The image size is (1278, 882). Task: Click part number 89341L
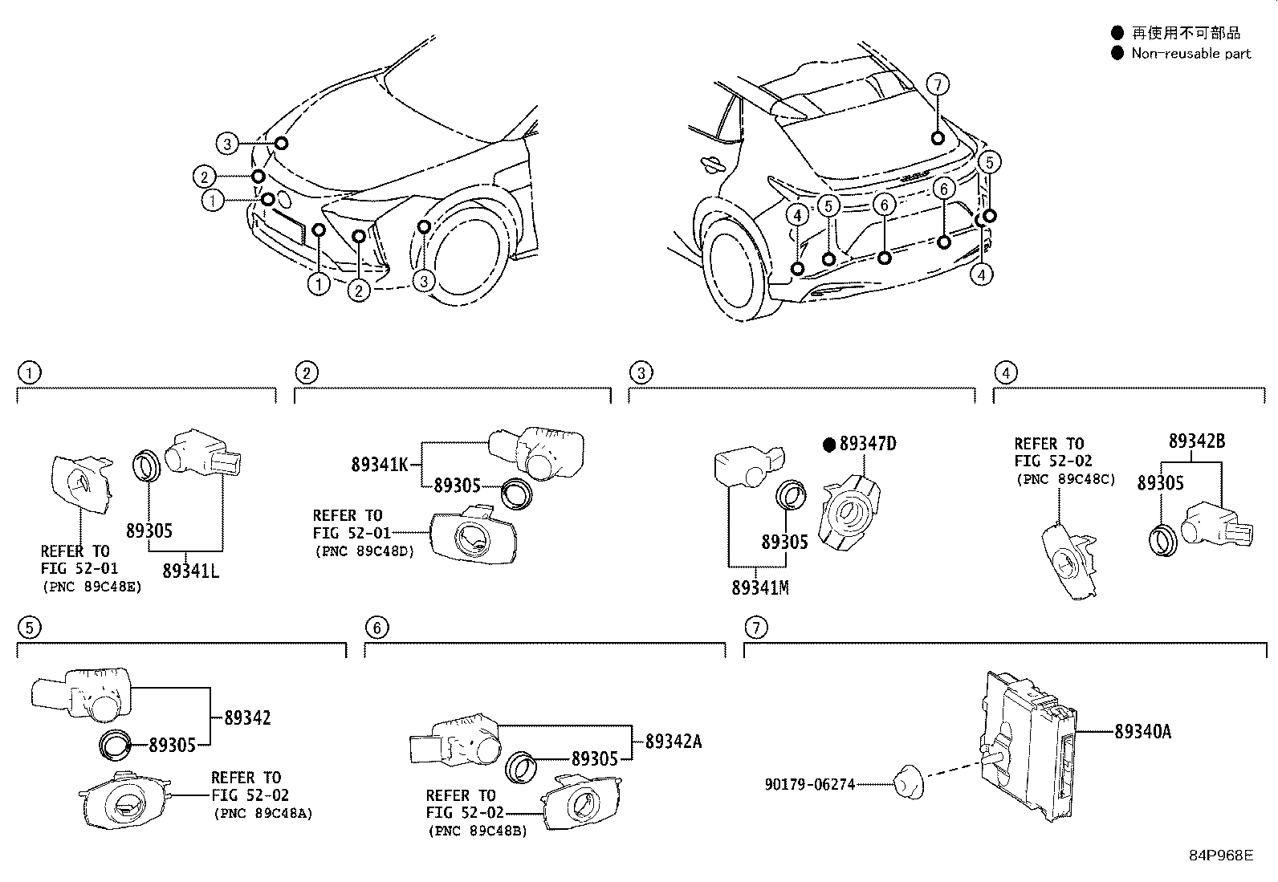point(190,571)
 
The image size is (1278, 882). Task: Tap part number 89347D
point(867,444)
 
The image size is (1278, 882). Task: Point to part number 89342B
point(1196,441)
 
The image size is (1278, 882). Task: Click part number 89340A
point(1142,731)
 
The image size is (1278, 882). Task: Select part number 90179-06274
point(809,783)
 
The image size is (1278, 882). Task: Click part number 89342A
point(674,741)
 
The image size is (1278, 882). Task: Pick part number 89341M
point(759,587)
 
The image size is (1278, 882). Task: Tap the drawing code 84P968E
point(1220,855)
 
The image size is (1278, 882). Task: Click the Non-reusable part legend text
point(1190,54)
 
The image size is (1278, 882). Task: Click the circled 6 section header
point(376,627)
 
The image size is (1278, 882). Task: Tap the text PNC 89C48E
point(91,587)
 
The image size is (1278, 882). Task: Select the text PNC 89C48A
point(263,813)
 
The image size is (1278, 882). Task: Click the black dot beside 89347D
point(829,444)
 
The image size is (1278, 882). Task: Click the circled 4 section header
point(1005,372)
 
